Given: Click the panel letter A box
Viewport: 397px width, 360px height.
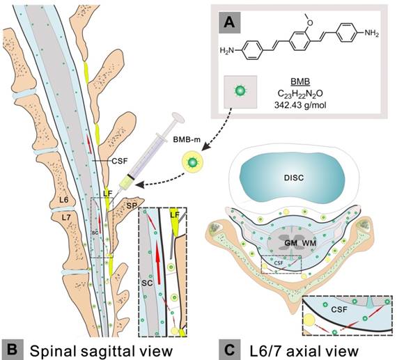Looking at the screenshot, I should click(229, 24).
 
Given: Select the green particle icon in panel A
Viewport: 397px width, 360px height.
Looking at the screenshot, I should click(238, 91).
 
